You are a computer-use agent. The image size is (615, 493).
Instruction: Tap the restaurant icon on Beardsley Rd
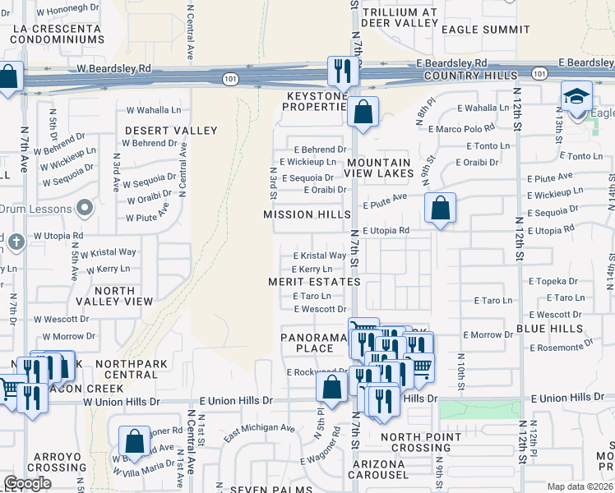pyautogui.click(x=340, y=71)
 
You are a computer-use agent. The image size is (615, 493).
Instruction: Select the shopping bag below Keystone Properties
pyautogui.click(x=362, y=112)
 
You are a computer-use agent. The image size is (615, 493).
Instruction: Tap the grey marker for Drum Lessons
pyautogui.click(x=84, y=207)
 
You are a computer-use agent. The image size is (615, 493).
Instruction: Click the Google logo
pyautogui.click(x=27, y=483)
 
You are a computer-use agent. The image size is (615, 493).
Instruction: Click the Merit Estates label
pyautogui.click(x=314, y=282)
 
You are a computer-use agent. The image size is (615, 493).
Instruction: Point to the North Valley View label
pyautogui.click(x=113, y=296)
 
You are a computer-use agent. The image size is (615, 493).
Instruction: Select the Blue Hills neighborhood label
pyautogui.click(x=546, y=329)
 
